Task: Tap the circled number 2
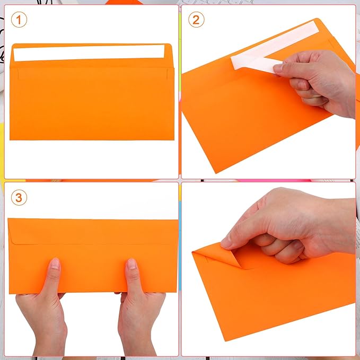pos(196,20)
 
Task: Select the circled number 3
pos(20,198)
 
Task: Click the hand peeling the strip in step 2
pos(318,80)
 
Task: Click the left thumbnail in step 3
pos(55,264)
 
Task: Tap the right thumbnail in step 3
pos(131,264)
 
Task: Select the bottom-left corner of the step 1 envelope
pos(11,138)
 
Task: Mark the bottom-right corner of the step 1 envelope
pos(171,139)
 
